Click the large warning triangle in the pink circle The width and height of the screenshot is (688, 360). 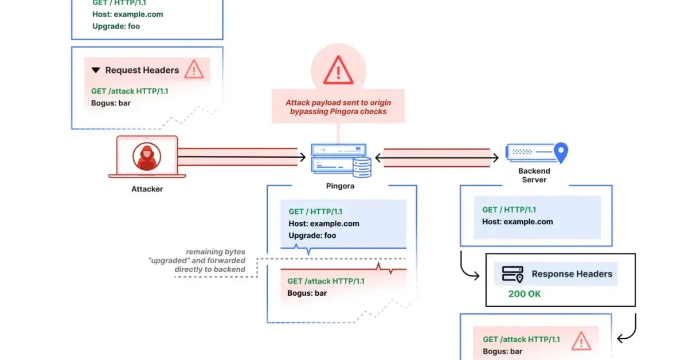click(x=338, y=69)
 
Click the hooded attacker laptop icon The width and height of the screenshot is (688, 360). click(x=147, y=155)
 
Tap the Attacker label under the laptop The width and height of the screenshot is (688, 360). click(x=147, y=189)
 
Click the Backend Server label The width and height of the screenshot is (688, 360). click(x=534, y=175)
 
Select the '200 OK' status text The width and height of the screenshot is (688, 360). click(x=524, y=294)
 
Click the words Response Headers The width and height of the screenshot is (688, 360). click(x=572, y=274)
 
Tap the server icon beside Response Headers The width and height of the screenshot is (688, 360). click(x=512, y=274)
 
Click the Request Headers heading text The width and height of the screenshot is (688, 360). click(x=142, y=70)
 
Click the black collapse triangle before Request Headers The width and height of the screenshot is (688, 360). click(x=96, y=70)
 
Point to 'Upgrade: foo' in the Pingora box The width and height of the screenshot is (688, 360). click(x=312, y=235)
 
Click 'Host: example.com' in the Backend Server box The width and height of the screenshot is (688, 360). click(x=517, y=222)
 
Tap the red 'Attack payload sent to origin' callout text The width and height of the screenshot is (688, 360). click(x=338, y=107)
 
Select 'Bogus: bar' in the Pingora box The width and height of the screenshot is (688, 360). click(x=307, y=293)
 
